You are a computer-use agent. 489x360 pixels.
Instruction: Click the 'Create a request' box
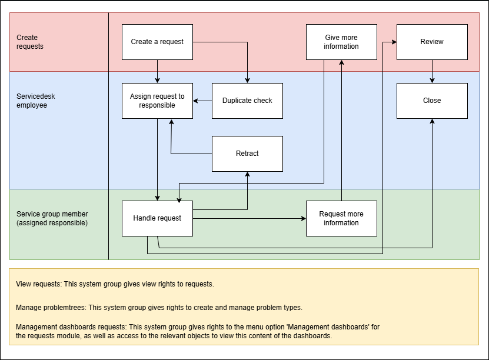(157, 42)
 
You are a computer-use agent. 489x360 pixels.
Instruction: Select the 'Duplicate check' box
(247, 101)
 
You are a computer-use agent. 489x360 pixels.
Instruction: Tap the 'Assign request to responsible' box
(157, 101)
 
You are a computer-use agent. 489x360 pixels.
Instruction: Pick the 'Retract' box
(247, 154)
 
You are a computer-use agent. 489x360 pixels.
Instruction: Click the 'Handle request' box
(157, 218)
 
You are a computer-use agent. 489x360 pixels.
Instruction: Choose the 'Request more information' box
(341, 218)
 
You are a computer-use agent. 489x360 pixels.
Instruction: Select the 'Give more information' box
(341, 42)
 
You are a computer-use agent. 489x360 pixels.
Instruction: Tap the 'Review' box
(432, 42)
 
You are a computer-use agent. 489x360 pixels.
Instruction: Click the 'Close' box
(432, 101)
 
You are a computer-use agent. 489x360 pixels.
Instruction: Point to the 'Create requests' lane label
(30, 42)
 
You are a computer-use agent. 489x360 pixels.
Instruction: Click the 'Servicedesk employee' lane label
(35, 101)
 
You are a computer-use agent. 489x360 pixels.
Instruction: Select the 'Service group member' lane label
(52, 214)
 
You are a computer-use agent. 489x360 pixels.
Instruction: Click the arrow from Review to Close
(432, 71)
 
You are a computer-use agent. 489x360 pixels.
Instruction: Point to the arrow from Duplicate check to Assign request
(202, 101)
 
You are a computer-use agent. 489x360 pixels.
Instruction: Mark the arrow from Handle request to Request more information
(250, 218)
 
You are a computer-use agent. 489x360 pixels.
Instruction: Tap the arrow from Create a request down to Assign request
(157, 71)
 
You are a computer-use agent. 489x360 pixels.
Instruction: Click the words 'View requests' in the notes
(39, 284)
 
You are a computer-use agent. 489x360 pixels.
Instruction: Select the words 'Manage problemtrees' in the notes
(51, 307)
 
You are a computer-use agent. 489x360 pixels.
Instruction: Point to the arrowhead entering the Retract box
(247, 174)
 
